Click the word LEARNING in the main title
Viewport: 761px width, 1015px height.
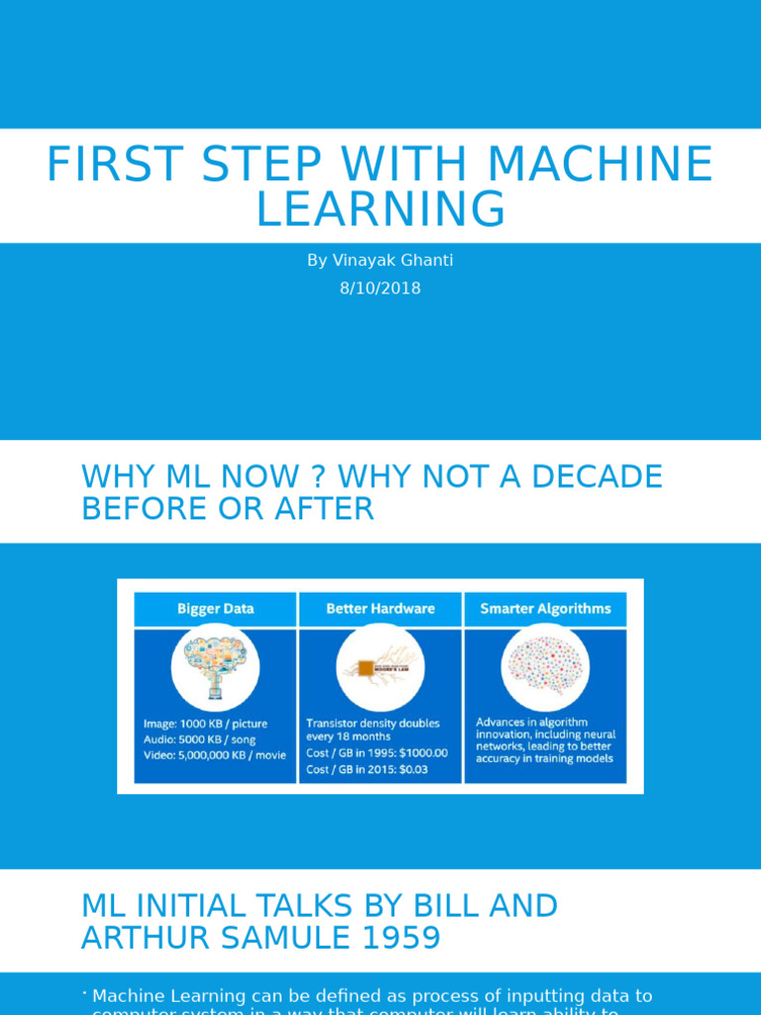380,210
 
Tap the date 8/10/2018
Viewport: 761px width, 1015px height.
380,288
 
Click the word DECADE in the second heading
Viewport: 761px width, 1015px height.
597,477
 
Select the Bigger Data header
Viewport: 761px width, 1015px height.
215,609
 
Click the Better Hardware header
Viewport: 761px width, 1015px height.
380,609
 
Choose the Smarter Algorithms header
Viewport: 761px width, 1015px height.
545,609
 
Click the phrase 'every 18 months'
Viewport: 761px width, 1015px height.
348,736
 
